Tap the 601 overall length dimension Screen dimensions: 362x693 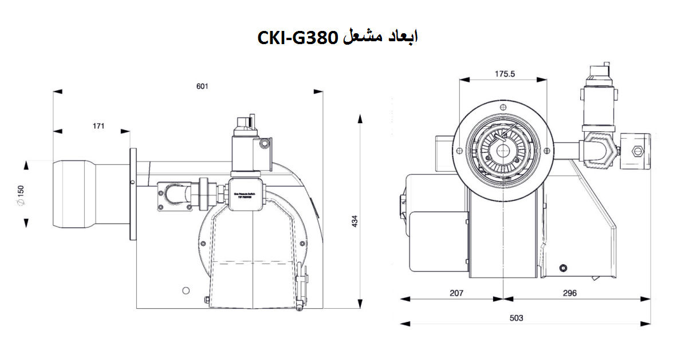coord(202,86)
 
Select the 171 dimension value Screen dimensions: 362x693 coord(98,127)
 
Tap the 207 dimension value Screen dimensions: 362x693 coord(456,293)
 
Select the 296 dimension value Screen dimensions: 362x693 coord(569,293)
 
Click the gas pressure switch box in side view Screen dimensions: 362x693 coord(248,195)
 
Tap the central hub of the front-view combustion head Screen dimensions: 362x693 coord(504,151)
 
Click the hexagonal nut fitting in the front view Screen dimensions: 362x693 coord(601,151)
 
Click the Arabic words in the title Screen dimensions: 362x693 coord(381,38)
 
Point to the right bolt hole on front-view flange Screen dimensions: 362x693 coord(547,151)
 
